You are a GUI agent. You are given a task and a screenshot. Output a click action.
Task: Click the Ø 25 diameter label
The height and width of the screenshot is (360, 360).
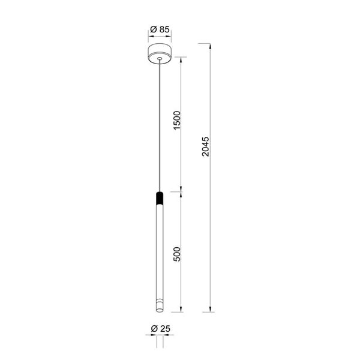pos(159,329)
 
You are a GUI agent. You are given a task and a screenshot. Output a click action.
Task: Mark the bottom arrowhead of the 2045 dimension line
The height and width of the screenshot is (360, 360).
pos(211,309)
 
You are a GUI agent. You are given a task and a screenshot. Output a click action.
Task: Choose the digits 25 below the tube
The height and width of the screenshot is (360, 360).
pos(164,329)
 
